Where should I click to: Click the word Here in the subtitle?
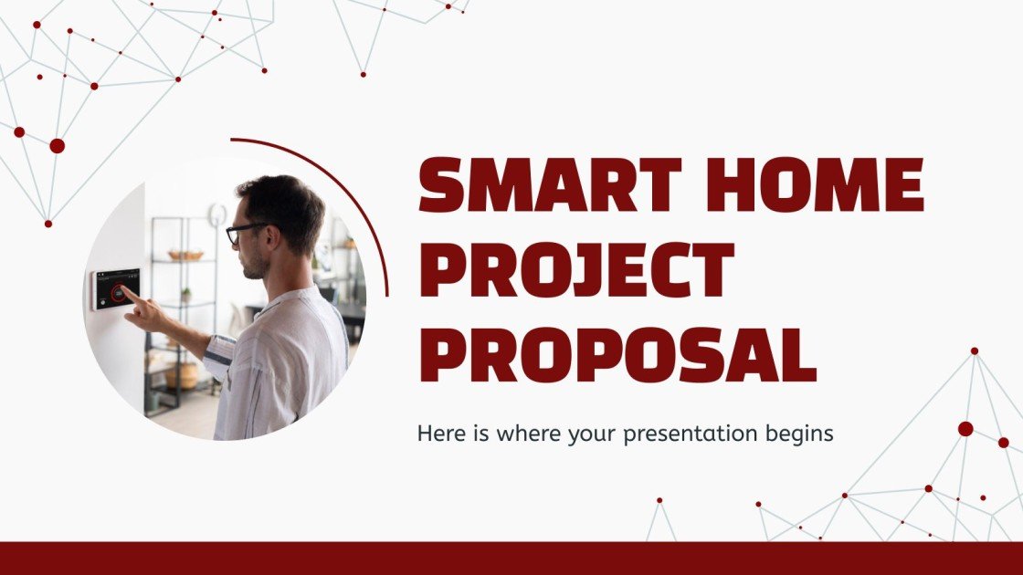pos(438,434)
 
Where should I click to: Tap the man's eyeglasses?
pos(243,233)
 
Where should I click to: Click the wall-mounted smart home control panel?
pos(115,288)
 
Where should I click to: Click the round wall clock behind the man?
pos(217,214)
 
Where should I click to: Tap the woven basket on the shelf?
pos(185,256)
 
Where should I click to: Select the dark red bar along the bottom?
pos(511,558)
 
